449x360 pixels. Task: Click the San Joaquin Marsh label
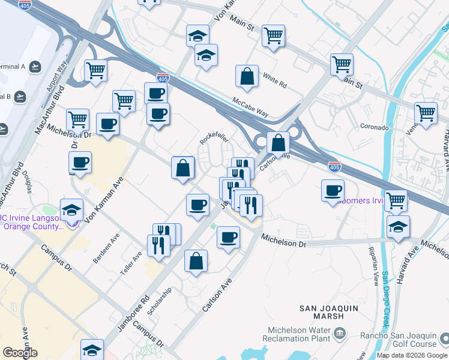click(330, 312)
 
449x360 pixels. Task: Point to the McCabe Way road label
click(250, 107)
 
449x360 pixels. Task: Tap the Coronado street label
click(375, 127)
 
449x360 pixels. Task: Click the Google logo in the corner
click(20, 353)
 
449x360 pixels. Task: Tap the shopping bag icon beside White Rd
click(247, 77)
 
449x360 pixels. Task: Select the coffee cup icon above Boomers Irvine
click(333, 191)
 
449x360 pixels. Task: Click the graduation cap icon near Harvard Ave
click(398, 227)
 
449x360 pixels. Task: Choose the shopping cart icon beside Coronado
click(426, 113)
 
